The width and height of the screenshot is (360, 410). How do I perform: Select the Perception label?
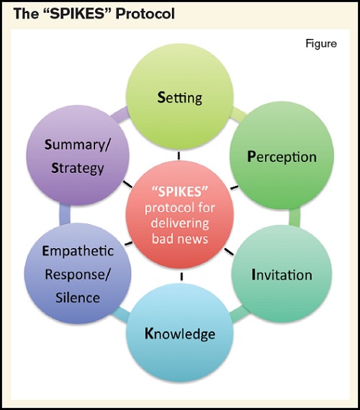coord(282,156)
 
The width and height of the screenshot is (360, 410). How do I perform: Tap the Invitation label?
coord(282,275)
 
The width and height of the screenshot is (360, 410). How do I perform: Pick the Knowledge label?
coord(179,334)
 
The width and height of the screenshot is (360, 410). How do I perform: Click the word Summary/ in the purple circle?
coord(77,145)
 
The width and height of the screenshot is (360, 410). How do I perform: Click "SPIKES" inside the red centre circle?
coord(180,189)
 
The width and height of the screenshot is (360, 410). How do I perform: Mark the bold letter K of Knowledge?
coord(149,334)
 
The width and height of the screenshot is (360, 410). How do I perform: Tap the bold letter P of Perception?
coord(251,156)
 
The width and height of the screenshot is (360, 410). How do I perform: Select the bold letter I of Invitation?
coord(253,275)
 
